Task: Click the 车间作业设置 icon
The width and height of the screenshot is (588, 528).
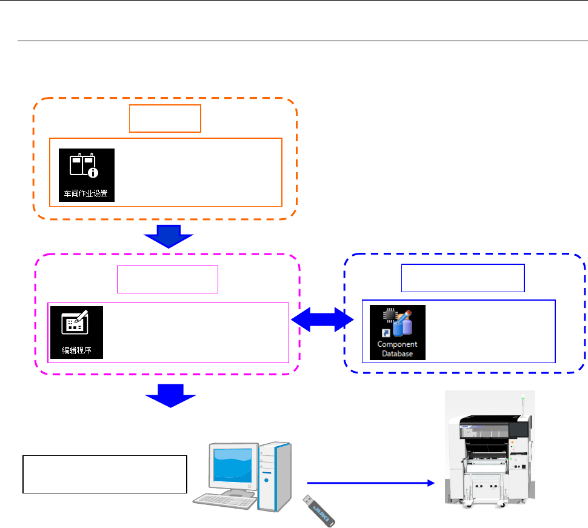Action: tap(87, 175)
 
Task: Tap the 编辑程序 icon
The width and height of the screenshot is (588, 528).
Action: tap(76, 332)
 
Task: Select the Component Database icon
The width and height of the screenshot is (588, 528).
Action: tap(398, 332)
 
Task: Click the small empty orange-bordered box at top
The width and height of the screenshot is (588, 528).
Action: tap(165, 118)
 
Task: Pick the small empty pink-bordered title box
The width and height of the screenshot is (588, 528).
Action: tap(167, 279)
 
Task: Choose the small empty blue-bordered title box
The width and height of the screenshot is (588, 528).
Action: tap(463, 278)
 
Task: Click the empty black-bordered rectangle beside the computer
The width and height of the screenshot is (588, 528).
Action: tap(104, 474)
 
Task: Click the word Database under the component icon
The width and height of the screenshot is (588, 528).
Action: tap(398, 352)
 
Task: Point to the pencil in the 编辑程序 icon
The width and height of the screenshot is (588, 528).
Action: tap(82, 318)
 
